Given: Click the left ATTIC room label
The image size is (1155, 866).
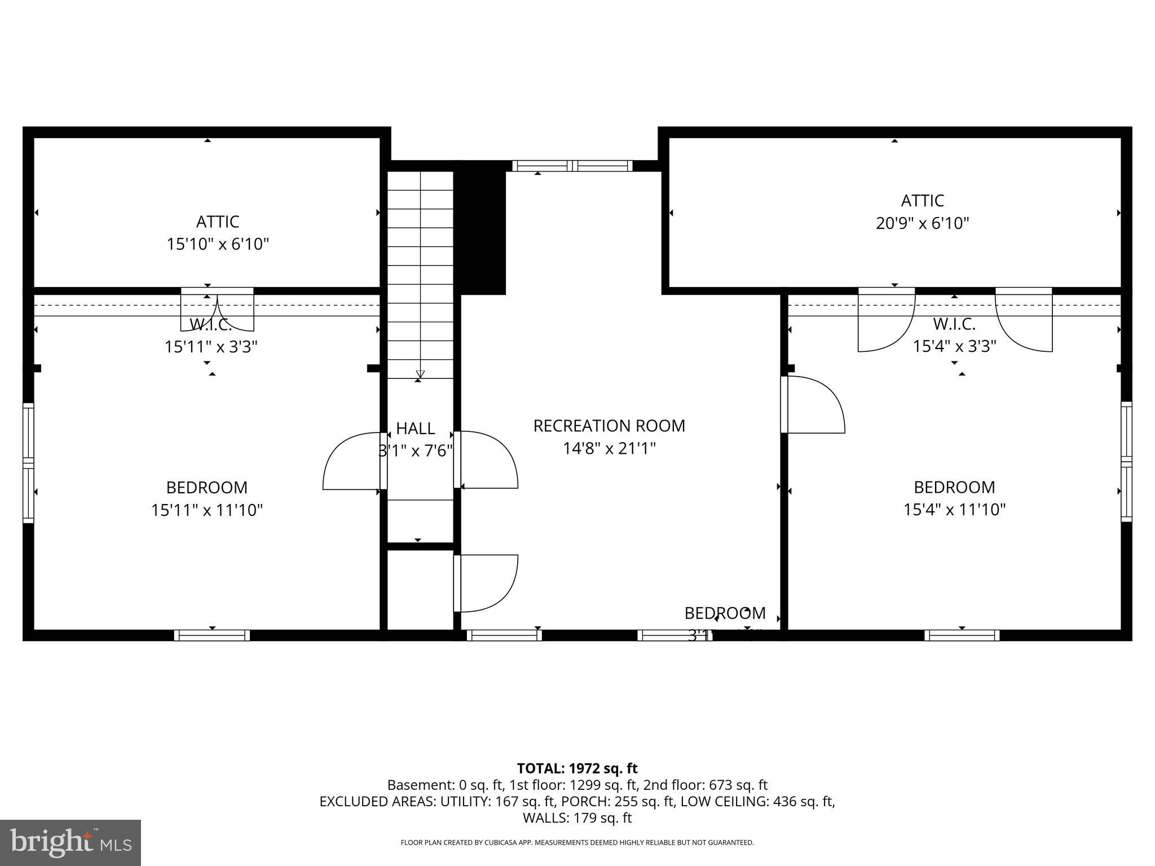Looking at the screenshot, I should (218, 221).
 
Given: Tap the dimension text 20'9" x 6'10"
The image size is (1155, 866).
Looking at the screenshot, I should (922, 224).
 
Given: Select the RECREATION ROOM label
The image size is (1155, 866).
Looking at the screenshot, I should (609, 426).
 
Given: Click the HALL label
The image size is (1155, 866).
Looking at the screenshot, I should (416, 428).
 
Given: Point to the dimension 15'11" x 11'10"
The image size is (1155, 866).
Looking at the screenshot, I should (207, 510).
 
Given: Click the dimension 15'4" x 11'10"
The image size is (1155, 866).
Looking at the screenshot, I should (954, 510).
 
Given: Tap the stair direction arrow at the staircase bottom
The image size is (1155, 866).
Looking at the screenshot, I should (420, 373).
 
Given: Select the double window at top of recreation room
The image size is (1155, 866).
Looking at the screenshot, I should (572, 166).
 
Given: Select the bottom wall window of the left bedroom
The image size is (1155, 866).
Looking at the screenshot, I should (211, 635).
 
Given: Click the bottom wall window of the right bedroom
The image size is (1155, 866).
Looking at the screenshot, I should (962, 635).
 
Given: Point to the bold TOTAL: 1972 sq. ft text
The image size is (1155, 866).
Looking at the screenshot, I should (577, 768).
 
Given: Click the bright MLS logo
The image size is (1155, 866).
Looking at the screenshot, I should (70, 842).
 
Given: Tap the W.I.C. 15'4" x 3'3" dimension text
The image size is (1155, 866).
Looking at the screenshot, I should (954, 346).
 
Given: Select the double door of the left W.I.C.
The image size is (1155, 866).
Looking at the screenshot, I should (217, 310).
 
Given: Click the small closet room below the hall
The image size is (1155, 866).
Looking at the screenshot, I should (420, 589).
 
